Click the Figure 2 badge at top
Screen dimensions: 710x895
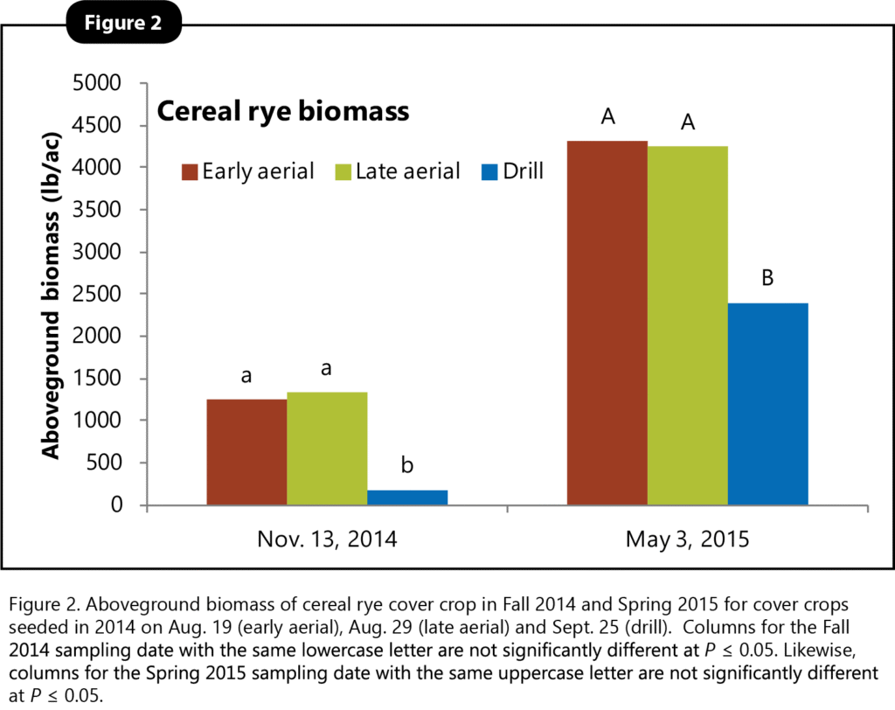click(123, 24)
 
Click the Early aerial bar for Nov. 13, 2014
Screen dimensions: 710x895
click(246, 452)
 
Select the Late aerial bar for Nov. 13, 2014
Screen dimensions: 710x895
click(327, 449)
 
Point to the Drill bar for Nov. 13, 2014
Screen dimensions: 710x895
click(407, 498)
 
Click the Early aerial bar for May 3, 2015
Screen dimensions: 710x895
click(608, 323)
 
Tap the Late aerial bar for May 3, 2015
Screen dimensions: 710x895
click(688, 325)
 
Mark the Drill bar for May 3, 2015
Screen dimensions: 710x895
click(768, 404)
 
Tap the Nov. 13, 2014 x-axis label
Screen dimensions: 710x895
click(327, 539)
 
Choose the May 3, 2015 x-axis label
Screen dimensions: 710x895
click(687, 539)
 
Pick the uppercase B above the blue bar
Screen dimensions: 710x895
click(768, 279)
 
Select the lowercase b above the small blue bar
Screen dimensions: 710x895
click(407, 465)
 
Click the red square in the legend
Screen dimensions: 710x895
click(191, 171)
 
